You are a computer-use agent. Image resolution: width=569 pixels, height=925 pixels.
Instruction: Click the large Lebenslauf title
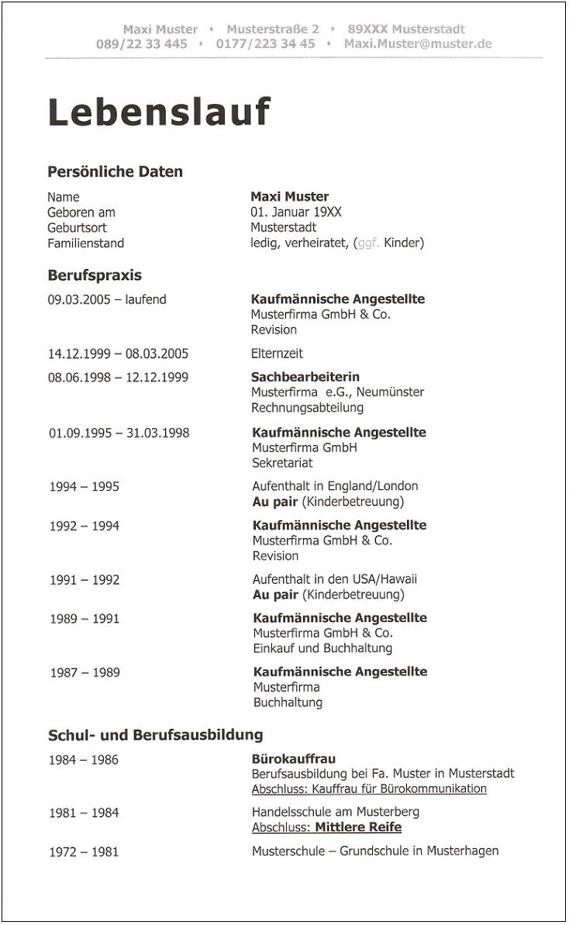pyautogui.click(x=159, y=112)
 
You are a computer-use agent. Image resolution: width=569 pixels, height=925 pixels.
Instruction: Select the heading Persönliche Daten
pyautogui.click(x=115, y=171)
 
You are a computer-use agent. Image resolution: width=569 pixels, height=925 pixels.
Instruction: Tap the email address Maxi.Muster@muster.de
pyautogui.click(x=418, y=44)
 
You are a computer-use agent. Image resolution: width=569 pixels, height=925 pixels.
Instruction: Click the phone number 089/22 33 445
pyautogui.click(x=142, y=44)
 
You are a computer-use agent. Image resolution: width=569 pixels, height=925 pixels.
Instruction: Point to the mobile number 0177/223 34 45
pyautogui.click(x=265, y=44)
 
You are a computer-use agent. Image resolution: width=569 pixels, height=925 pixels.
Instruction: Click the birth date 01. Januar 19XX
pyautogui.click(x=296, y=212)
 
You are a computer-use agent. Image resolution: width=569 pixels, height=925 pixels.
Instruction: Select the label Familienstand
pyautogui.click(x=85, y=243)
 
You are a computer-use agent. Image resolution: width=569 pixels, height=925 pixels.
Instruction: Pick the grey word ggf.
pyautogui.click(x=368, y=243)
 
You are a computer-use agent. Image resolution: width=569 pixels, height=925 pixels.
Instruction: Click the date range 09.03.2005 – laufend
pyautogui.click(x=107, y=299)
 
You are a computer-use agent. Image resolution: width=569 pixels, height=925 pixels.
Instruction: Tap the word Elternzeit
pyautogui.click(x=277, y=354)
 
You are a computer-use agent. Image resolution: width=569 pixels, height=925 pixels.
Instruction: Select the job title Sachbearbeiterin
pyautogui.click(x=305, y=377)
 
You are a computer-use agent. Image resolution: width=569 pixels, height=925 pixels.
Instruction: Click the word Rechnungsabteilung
pyautogui.click(x=307, y=407)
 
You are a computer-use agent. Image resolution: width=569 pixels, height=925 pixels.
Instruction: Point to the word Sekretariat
pyautogui.click(x=282, y=463)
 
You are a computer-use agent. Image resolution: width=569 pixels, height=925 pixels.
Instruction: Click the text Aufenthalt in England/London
pyautogui.click(x=335, y=486)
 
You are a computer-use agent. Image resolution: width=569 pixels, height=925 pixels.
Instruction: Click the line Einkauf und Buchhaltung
pyautogui.click(x=322, y=648)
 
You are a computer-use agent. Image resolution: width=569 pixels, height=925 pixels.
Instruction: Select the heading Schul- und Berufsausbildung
pyautogui.click(x=156, y=734)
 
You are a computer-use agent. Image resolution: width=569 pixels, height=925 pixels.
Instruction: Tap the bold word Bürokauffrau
pyautogui.click(x=294, y=758)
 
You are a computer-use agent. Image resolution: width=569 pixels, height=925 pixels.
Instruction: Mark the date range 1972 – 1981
pyautogui.click(x=84, y=851)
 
